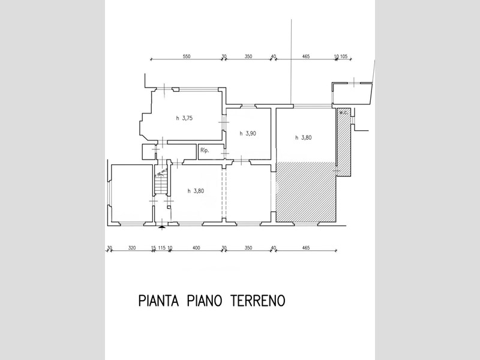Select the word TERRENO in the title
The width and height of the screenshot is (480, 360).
(x=257, y=299)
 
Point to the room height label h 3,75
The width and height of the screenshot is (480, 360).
(x=184, y=118)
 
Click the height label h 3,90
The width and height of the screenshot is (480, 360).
(x=248, y=133)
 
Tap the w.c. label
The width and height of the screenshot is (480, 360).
(x=344, y=112)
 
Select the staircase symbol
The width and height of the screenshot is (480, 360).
(x=161, y=183)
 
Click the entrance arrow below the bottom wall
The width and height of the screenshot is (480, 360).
(x=161, y=226)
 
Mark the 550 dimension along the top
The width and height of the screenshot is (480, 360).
(x=186, y=56)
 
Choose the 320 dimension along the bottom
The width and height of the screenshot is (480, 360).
(x=132, y=247)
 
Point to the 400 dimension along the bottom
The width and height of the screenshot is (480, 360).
(x=196, y=247)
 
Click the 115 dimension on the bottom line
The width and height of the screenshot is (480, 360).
(x=161, y=247)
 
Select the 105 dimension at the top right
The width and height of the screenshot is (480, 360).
(x=344, y=56)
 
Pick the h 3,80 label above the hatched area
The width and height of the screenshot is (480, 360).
(x=304, y=137)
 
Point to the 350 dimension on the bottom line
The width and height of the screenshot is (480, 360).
(x=248, y=247)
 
